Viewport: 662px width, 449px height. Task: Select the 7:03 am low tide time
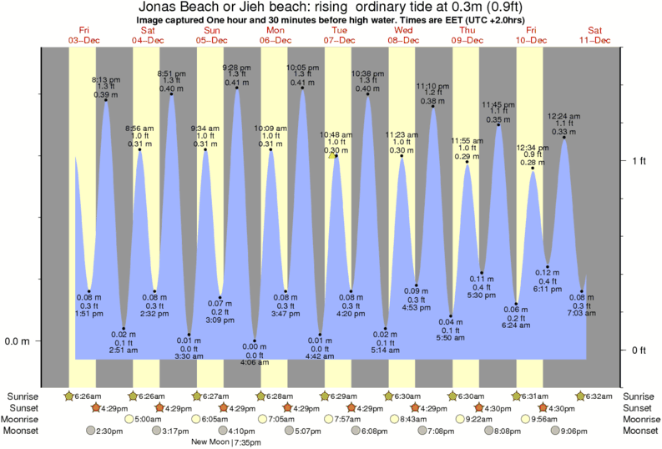coord(581,313)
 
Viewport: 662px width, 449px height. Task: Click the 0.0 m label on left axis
coord(18,341)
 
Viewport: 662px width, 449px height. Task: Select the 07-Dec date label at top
coord(340,40)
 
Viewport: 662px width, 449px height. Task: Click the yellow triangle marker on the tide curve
coord(332,155)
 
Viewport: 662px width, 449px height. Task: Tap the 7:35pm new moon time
coord(247,441)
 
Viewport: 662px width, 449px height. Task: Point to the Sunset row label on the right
coord(640,407)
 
